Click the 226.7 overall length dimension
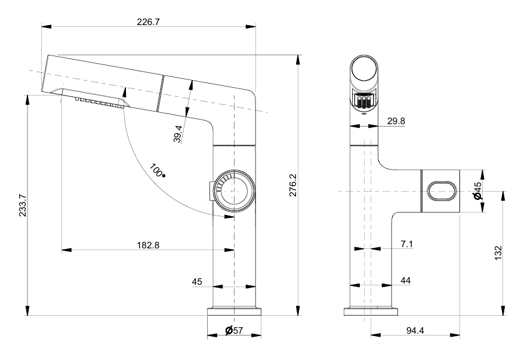pos(148,22)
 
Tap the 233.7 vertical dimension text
pos(22,207)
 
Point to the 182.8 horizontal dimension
pos(147,245)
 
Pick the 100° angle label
pos(158,171)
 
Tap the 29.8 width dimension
pos(396,121)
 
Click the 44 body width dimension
pos(406,280)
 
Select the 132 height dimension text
pos(498,253)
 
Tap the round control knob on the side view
pos(233,190)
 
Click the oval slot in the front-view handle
pos(442,191)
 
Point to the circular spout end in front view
pos(363,72)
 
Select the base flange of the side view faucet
pos(234,312)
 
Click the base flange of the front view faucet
pos(371,312)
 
